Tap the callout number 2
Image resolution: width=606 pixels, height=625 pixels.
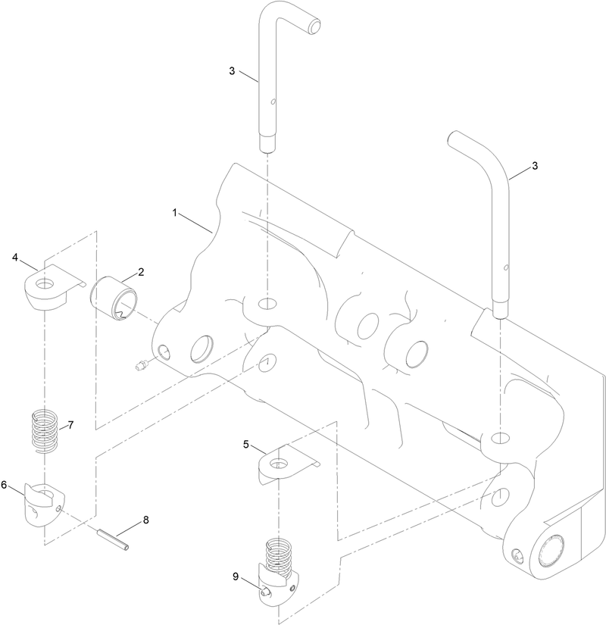(x=141, y=271)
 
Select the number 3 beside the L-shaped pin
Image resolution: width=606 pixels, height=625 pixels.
(x=232, y=71)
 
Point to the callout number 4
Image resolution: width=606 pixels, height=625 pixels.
(x=15, y=258)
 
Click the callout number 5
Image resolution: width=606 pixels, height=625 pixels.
(x=246, y=445)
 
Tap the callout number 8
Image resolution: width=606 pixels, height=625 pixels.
(x=146, y=521)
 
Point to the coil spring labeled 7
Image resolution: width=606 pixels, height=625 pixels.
(x=44, y=430)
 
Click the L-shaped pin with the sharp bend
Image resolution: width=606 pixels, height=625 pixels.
(x=268, y=76)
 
